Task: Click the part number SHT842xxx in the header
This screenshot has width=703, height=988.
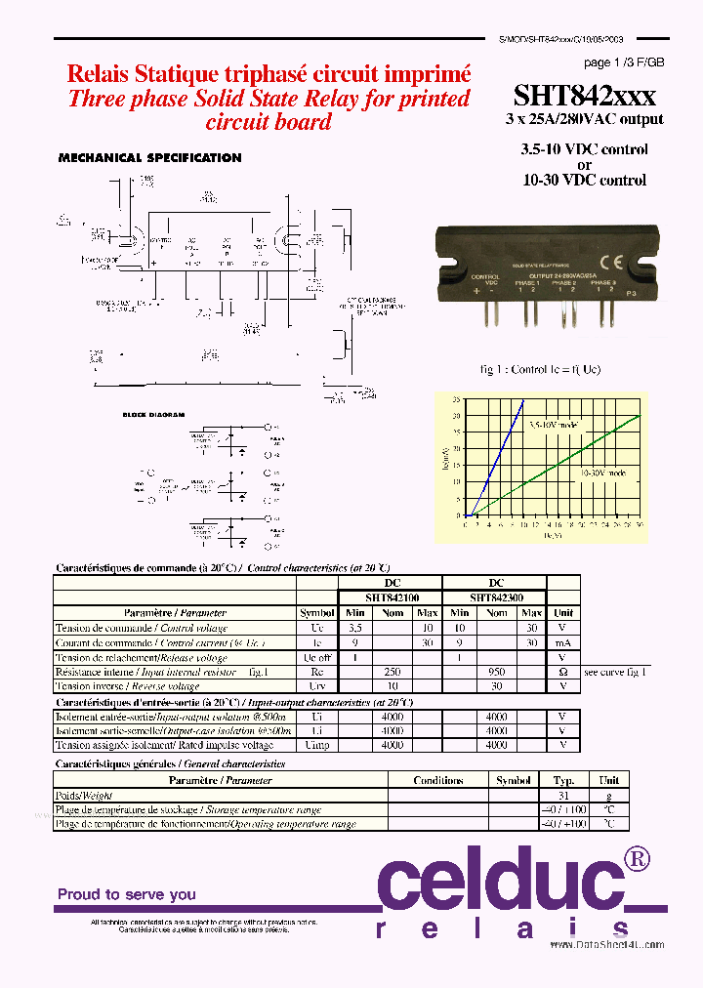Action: tap(584, 95)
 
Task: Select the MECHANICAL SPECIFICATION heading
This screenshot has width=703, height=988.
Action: tap(149, 157)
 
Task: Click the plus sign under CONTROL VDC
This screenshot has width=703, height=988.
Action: tap(476, 291)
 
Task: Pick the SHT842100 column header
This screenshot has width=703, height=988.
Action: tap(390, 597)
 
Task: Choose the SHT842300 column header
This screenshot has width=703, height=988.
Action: tap(495, 597)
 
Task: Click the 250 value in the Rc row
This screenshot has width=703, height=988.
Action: tap(392, 673)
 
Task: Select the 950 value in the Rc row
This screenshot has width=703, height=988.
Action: tap(496, 673)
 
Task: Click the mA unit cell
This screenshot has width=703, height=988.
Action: tap(562, 643)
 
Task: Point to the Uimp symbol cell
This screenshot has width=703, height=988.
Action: tap(316, 746)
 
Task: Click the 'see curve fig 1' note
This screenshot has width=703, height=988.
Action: tap(616, 673)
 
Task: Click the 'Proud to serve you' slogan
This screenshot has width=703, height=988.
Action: tap(126, 894)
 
